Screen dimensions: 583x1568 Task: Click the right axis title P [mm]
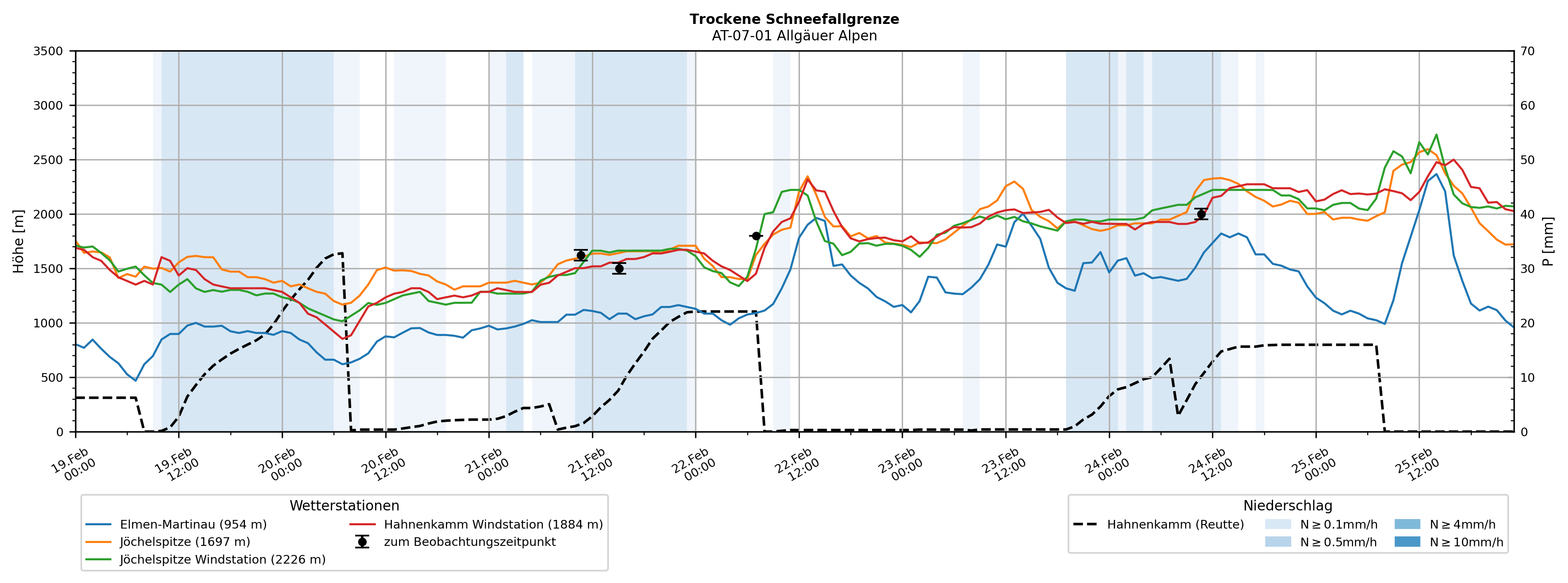1548,242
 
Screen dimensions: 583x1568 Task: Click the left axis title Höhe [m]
18,242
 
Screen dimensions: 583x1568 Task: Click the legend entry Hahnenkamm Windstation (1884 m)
493,524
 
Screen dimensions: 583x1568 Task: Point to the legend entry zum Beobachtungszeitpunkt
469,542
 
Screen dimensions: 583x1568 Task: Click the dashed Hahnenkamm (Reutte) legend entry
1175,524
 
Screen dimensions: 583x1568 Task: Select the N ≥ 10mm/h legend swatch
1407,542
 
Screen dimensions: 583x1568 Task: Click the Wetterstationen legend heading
344,506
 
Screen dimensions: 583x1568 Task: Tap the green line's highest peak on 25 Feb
1436,134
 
